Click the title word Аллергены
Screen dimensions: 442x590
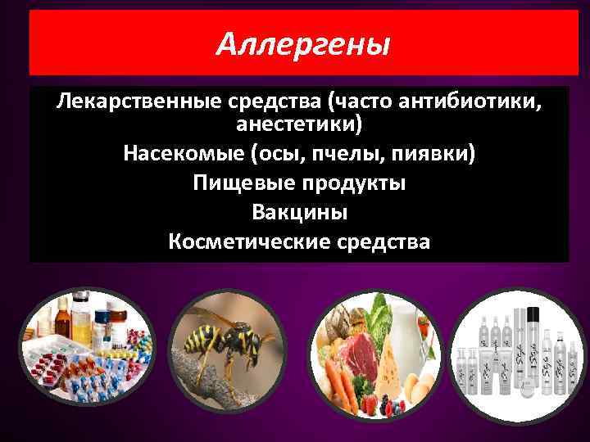[303, 45]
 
